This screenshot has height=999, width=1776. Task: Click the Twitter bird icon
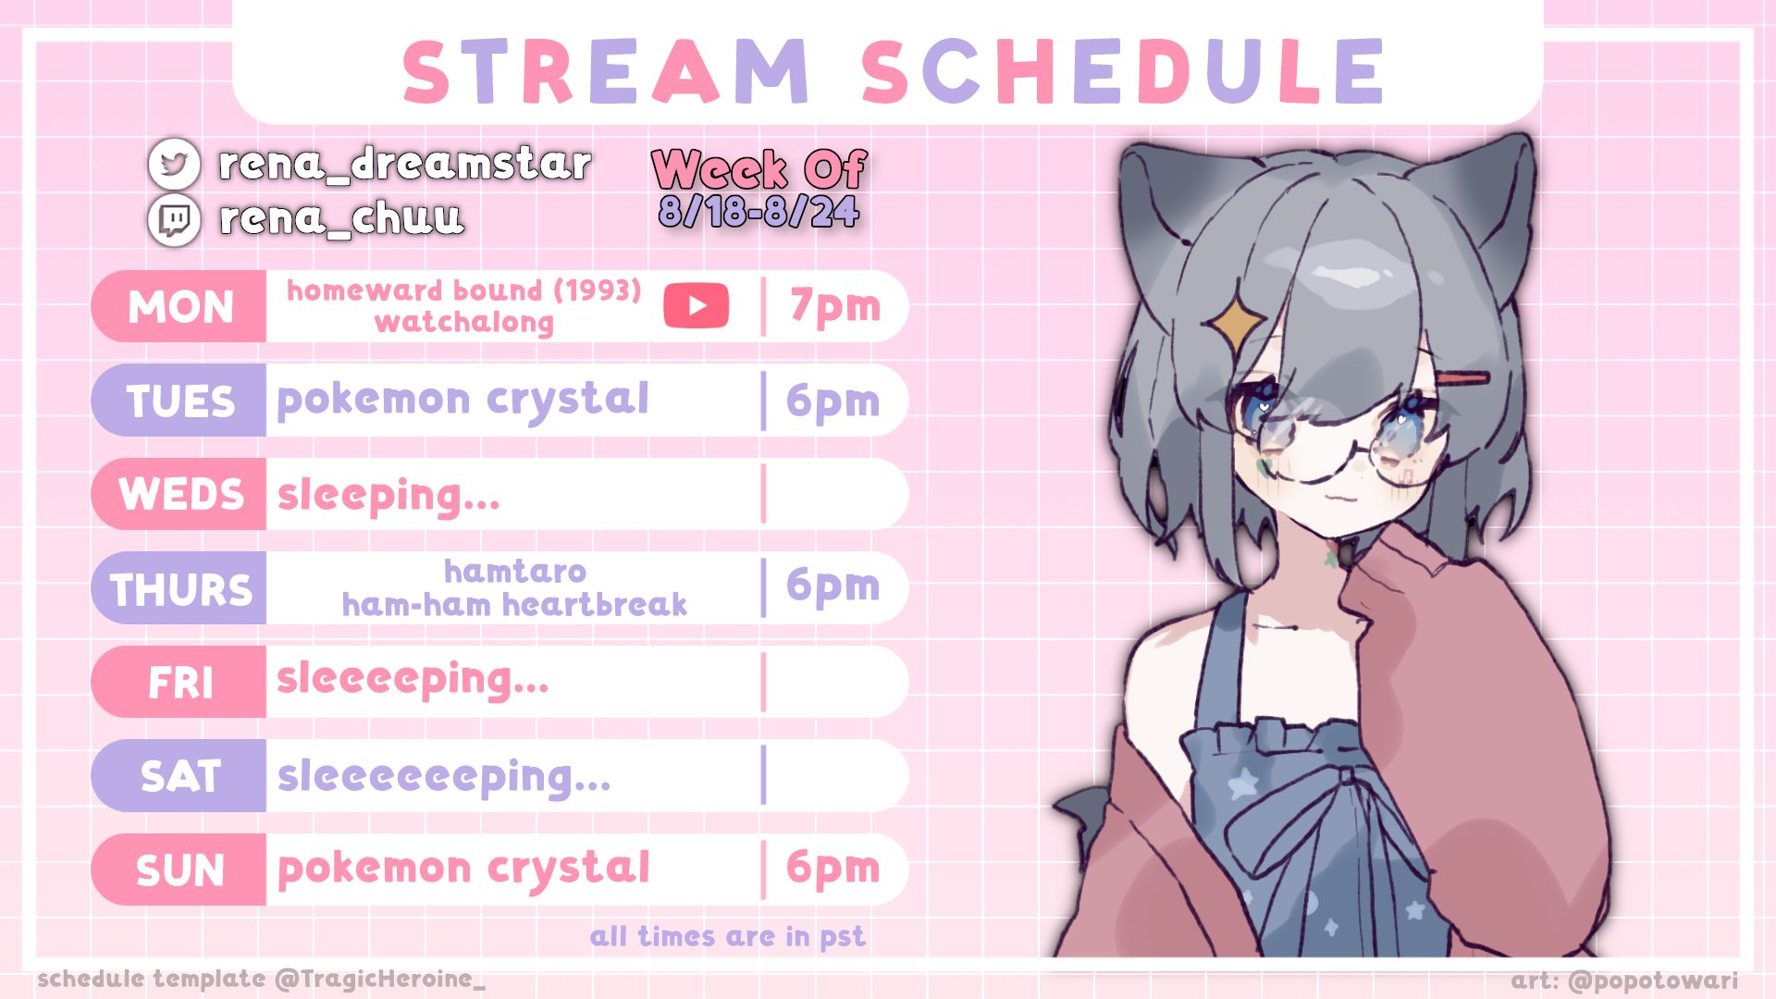(174, 164)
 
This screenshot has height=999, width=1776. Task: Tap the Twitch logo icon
(174, 220)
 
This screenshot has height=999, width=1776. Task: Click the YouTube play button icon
(697, 306)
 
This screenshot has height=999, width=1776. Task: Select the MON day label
(180, 307)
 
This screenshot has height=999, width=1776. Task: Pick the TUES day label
(180, 401)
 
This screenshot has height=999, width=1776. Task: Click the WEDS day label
(181, 495)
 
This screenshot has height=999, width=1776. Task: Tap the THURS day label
(181, 589)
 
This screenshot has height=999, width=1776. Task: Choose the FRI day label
(180, 684)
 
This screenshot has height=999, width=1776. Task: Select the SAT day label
(180, 777)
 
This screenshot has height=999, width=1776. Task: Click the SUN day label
(180, 871)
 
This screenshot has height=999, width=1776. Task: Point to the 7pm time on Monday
(834, 306)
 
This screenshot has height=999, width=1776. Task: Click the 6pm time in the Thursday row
(832, 586)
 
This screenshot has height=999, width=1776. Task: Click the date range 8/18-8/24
(758, 212)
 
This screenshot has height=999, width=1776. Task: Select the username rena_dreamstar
(404, 164)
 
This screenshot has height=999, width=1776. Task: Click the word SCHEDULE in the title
(1123, 71)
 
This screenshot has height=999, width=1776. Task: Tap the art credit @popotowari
(1653, 980)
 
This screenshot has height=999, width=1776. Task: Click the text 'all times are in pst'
(728, 937)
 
